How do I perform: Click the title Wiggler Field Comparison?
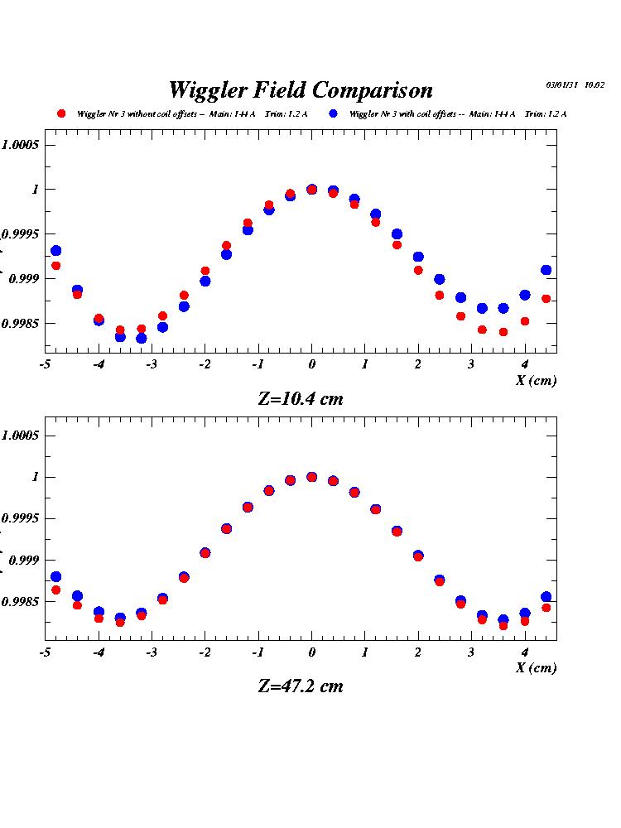coord(301,89)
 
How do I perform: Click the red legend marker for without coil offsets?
coord(60,113)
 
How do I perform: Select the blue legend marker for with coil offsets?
coord(333,113)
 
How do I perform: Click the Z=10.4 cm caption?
coord(301,398)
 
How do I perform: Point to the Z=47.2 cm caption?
coord(301,686)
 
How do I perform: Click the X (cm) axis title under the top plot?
coord(536,381)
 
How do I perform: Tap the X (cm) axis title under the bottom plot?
coord(536,668)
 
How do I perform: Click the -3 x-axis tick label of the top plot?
coord(150,365)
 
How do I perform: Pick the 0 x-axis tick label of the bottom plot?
coord(311,652)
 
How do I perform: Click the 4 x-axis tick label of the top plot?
coord(525,365)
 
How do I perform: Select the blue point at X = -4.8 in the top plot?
coord(55,251)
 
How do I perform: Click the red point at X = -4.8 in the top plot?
coord(55,266)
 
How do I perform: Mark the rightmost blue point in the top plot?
coord(546,270)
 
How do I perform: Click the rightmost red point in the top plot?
coord(546,299)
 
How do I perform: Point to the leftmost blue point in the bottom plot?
coord(55,577)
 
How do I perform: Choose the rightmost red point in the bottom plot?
coord(546,608)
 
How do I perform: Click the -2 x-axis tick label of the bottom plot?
coord(204,652)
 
